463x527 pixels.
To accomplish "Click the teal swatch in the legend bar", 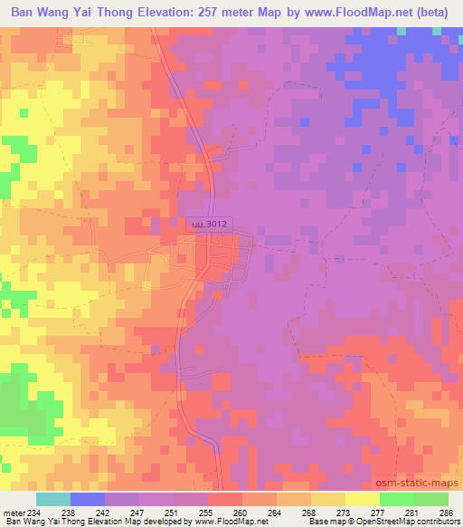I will point(53,499).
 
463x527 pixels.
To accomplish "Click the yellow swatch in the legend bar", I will point(362,499).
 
